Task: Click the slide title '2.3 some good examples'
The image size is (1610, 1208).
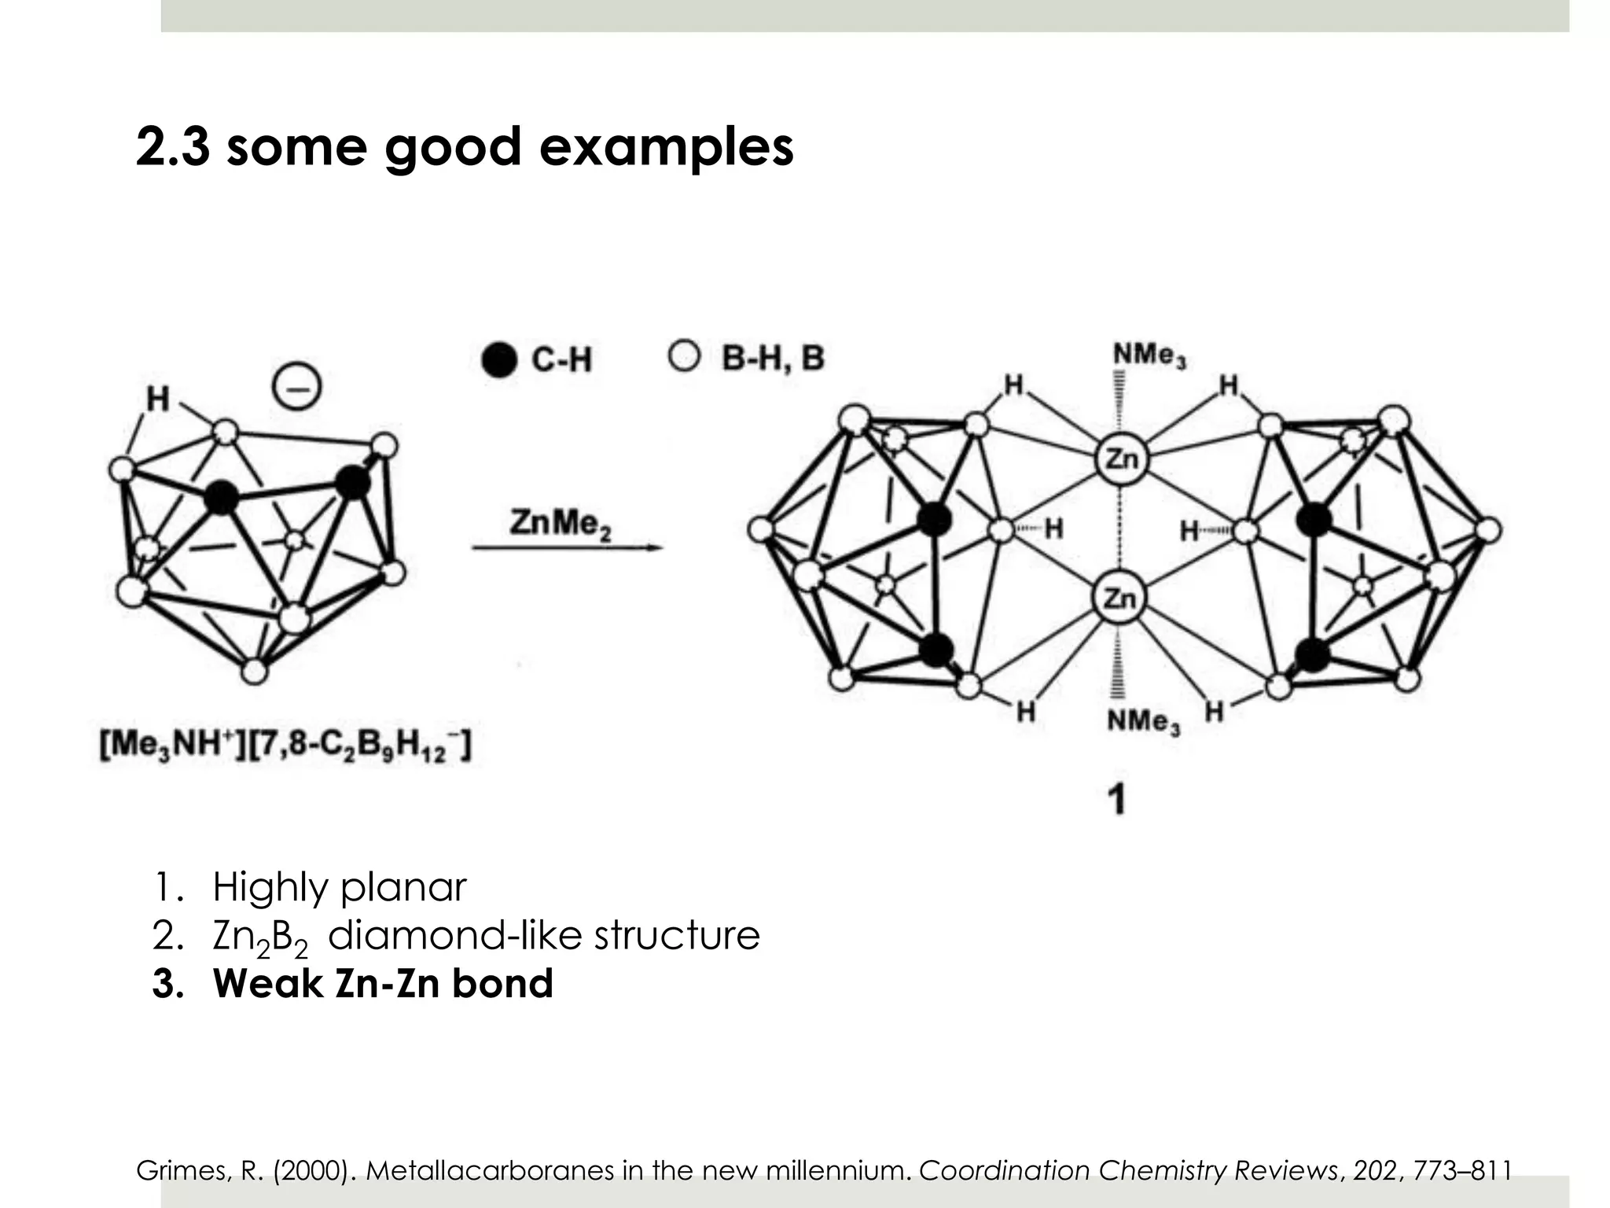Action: coord(465,147)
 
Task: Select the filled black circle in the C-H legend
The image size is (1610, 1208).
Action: coord(498,360)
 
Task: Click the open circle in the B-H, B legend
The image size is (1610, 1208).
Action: coord(684,358)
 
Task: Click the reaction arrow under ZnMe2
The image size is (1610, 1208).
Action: coord(566,549)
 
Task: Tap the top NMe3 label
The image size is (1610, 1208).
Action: coord(1149,357)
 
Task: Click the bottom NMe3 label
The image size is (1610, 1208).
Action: coord(1143,721)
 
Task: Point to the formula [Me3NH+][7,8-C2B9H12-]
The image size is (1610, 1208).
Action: coord(285,746)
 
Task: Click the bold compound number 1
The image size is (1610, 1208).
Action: coord(1116,801)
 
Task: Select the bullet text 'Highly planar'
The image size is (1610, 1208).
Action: coord(339,887)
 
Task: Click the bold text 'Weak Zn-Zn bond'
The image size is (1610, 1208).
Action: coord(383,984)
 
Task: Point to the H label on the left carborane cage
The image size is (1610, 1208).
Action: coord(158,400)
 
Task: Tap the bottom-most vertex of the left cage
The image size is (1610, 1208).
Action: coord(254,672)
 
